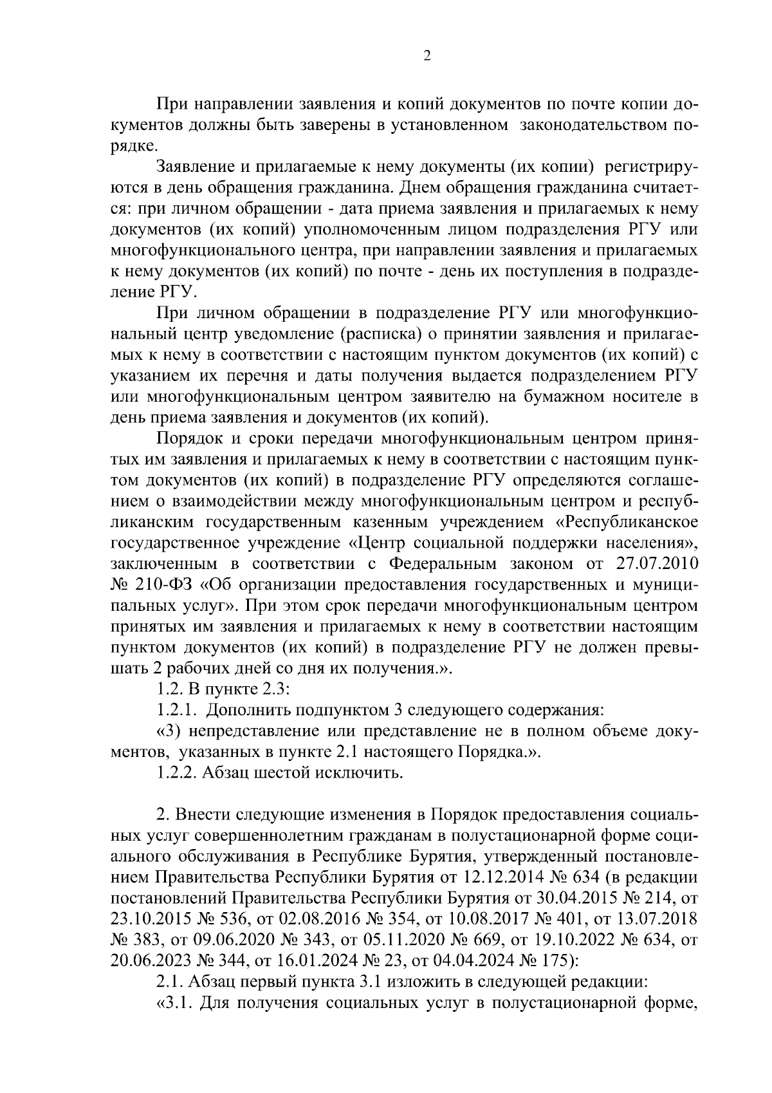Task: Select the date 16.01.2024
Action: point(318,960)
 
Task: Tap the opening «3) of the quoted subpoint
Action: point(170,731)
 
